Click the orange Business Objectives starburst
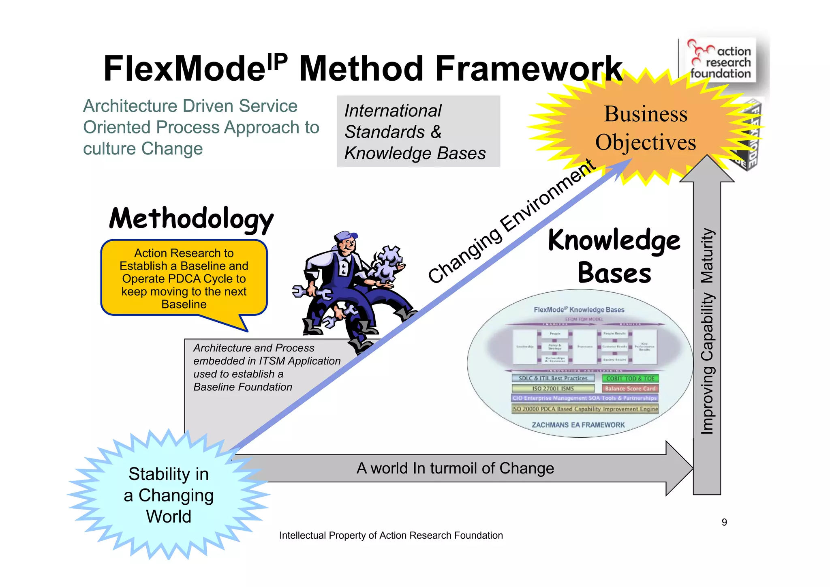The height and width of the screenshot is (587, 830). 646,128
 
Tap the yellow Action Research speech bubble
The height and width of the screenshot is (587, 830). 184,279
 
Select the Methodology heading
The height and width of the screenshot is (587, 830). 191,219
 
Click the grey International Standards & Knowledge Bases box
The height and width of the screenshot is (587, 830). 418,131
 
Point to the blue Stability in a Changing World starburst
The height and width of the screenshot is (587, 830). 169,495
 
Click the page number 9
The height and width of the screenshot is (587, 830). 724,522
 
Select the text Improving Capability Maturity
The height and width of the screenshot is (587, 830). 707,331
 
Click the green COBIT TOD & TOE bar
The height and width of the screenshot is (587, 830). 630,378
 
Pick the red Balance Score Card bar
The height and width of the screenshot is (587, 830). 630,388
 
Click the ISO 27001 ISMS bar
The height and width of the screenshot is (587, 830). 553,388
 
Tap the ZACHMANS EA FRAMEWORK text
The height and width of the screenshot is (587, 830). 578,425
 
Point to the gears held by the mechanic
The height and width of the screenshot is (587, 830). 387,264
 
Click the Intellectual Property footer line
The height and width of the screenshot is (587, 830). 391,536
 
